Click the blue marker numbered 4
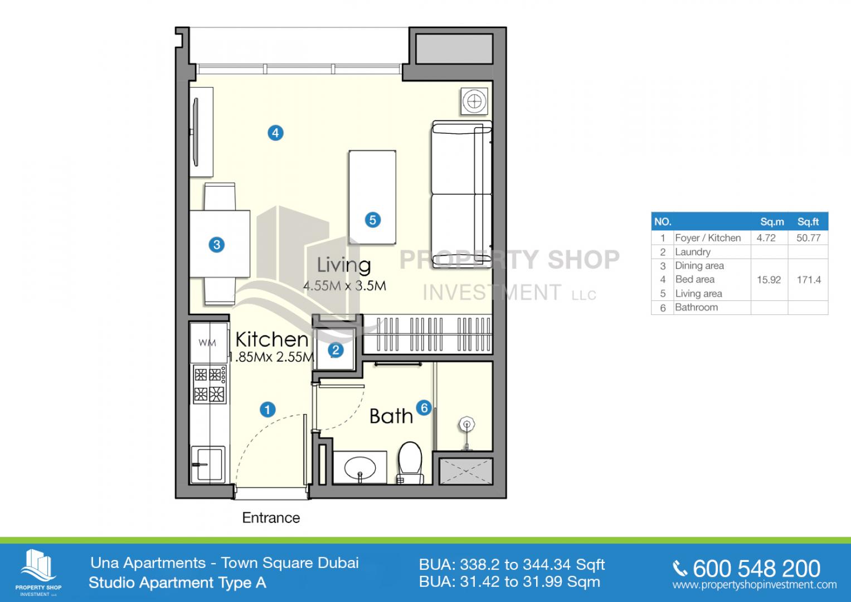coord(275,133)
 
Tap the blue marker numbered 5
coord(373,220)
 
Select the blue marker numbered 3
coord(217,245)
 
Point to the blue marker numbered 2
coord(335,350)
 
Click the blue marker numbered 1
coord(268,410)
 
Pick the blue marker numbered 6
coord(424,408)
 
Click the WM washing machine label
coord(207,343)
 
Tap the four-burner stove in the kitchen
coord(210,384)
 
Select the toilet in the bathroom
coord(410,463)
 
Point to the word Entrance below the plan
coord(271,518)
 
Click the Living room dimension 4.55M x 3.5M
coord(344,286)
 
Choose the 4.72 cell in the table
coord(766,238)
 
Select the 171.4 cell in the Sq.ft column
coord(809,280)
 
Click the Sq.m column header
coord(772,222)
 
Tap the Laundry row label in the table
coord(693,252)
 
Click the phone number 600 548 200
coord(756,569)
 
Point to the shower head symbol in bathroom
coord(466,425)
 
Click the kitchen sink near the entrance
coord(208,464)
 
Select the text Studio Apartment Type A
coord(177,582)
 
